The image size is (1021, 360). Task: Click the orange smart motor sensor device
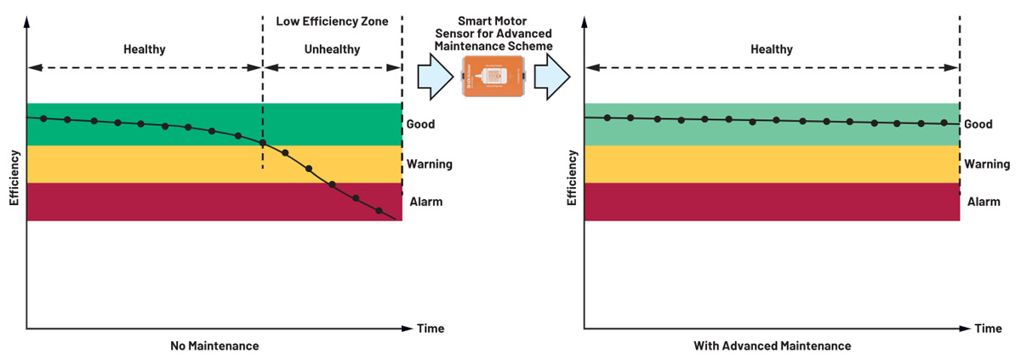pos(493,77)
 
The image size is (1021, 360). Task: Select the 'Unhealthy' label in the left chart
pos(332,49)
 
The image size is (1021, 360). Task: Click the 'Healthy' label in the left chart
pos(145,49)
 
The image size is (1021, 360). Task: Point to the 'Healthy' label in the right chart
pos(772,49)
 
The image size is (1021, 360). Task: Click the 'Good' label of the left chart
pos(420,124)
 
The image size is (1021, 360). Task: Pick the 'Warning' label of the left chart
pos(429,164)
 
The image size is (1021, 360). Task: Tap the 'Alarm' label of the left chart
pos(425,202)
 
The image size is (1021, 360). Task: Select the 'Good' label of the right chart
pos(978,124)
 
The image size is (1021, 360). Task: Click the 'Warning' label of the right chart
pos(987,164)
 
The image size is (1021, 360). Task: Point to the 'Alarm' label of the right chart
pos(984,202)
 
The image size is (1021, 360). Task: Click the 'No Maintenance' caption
pos(214,346)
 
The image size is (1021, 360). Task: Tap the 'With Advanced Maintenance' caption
pos(772,346)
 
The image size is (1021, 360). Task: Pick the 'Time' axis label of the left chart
pos(430,329)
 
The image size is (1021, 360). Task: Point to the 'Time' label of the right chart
pos(988,329)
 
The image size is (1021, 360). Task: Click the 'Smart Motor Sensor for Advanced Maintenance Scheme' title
pos(493,31)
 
